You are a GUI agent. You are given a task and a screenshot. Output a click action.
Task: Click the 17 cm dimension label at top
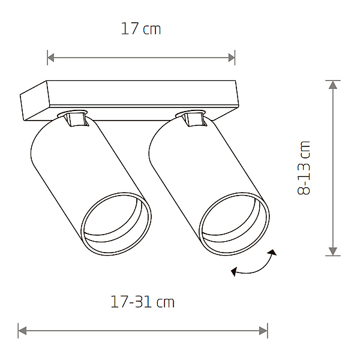click(141, 29)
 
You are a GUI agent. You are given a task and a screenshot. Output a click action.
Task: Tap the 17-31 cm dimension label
click(142, 302)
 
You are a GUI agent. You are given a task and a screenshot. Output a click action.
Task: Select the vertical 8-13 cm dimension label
click(304, 168)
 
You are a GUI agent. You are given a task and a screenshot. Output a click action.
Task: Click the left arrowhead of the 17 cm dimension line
click(51, 58)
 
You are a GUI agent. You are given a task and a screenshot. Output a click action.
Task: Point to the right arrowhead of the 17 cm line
click(232, 58)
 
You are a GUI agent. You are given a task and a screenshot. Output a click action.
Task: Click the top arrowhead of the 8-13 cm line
click(333, 85)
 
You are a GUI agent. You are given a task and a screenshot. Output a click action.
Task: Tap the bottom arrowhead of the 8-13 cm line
click(333, 251)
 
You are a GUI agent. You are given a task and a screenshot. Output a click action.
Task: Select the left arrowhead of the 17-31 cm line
click(22, 331)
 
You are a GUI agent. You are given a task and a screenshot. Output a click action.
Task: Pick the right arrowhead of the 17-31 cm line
click(263, 331)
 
